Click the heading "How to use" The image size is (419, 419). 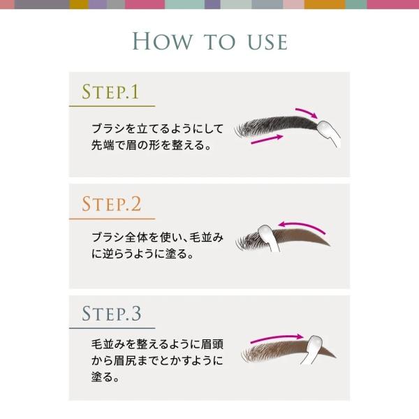(x=210, y=41)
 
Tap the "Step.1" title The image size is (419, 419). (x=110, y=91)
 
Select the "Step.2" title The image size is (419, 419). (x=111, y=204)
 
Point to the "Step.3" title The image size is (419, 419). (x=112, y=313)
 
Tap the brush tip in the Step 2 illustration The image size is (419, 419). (x=265, y=233)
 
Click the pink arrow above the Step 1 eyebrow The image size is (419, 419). (x=307, y=112)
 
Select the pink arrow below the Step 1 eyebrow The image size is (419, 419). (x=267, y=140)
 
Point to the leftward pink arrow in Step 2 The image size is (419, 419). (x=301, y=226)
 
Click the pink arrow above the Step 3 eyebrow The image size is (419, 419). (x=277, y=338)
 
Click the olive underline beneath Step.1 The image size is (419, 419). (x=112, y=106)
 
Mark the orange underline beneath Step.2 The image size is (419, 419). (x=112, y=219)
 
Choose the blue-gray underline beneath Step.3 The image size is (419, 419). (x=112, y=328)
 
